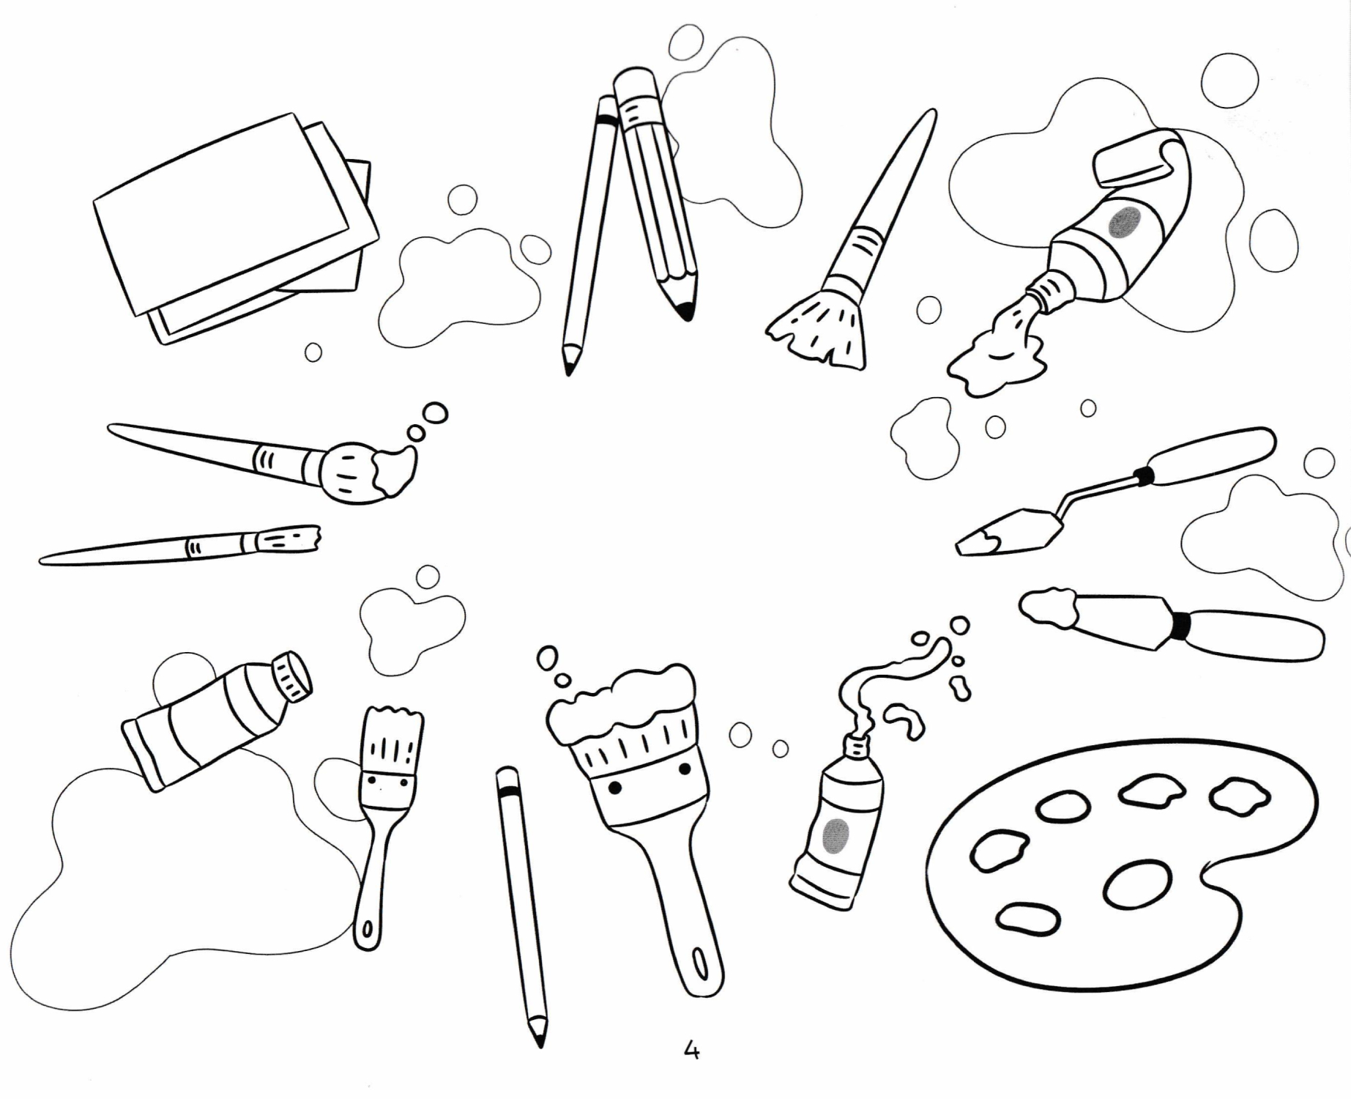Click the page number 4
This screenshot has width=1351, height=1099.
click(x=691, y=1051)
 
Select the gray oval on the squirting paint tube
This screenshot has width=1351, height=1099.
click(x=836, y=835)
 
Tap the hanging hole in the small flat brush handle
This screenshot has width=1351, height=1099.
click(x=367, y=930)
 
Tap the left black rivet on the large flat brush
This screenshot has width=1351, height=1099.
click(x=615, y=788)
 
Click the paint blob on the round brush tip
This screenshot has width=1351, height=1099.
click(x=394, y=469)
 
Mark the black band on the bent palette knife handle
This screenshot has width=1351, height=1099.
click(x=1142, y=476)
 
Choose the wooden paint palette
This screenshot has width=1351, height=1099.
click(x=1120, y=865)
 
